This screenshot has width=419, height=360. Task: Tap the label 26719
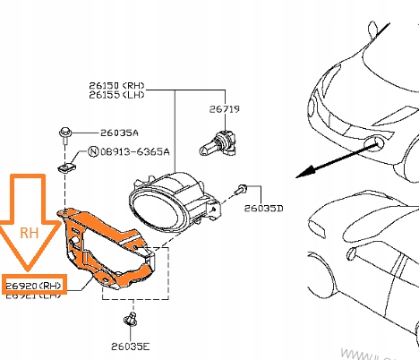[x=225, y=110]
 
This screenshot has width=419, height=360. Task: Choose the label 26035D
[x=264, y=209]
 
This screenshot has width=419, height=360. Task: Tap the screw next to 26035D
[x=242, y=190]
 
